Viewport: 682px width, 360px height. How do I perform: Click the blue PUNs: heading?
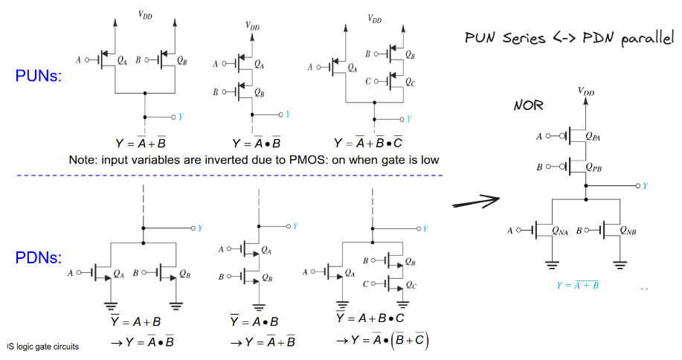(38, 76)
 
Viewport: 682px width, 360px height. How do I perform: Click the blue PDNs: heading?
(38, 257)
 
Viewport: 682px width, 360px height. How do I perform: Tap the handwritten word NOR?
(529, 105)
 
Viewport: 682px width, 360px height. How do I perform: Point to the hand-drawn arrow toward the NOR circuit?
(476, 202)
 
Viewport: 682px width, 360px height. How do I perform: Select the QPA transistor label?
(593, 136)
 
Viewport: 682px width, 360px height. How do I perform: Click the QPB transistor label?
(593, 167)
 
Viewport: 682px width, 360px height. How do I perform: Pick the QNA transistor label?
(560, 231)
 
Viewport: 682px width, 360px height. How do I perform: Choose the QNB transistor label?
(628, 231)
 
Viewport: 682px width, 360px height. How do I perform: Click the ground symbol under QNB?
(620, 265)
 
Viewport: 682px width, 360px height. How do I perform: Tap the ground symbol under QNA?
(552, 265)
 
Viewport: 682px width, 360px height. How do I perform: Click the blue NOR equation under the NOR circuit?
(578, 285)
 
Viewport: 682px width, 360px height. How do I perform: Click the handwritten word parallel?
(648, 39)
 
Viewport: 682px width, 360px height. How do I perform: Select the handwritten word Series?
(524, 38)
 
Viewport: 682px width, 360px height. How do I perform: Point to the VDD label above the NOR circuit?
(586, 91)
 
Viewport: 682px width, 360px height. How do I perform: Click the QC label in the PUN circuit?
(410, 82)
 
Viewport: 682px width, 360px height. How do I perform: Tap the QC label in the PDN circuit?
(411, 285)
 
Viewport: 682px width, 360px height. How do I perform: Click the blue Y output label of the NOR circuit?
(646, 186)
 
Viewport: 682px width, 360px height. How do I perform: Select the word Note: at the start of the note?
(83, 160)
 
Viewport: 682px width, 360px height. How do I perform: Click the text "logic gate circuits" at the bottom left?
(48, 347)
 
